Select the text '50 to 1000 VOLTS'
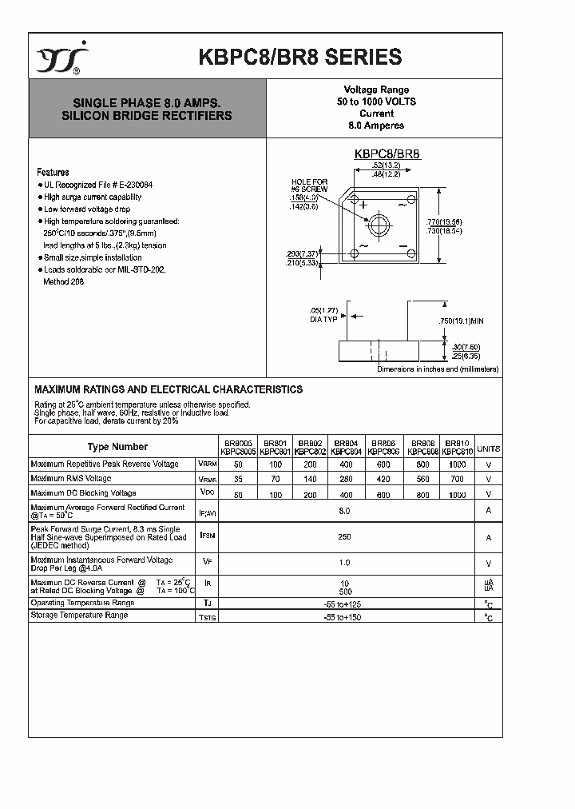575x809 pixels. (376, 102)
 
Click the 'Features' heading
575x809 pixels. (53, 172)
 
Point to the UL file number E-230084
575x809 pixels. (129, 185)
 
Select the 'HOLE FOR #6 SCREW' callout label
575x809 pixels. (309, 186)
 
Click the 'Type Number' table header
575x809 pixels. (117, 447)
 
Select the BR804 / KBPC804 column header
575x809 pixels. (346, 447)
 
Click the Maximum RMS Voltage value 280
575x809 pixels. (346, 479)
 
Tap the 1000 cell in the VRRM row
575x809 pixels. (456, 464)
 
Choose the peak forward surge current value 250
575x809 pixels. (345, 537)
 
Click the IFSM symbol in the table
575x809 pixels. (206, 537)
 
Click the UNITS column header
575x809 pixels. (488, 448)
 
